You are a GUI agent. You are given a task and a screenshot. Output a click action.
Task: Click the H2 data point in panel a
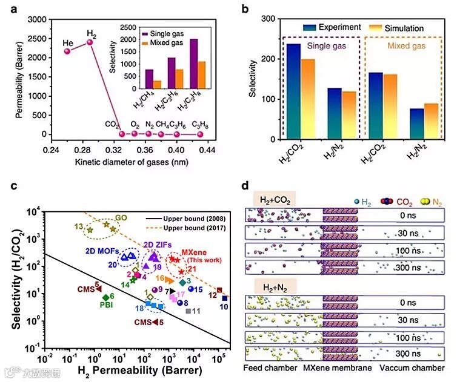point(90,42)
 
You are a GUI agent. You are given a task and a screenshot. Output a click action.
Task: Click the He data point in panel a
point(68,51)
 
